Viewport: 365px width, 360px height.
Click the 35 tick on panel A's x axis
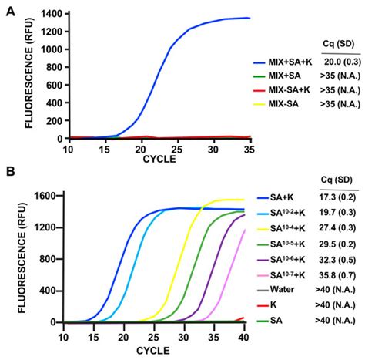click(248, 146)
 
